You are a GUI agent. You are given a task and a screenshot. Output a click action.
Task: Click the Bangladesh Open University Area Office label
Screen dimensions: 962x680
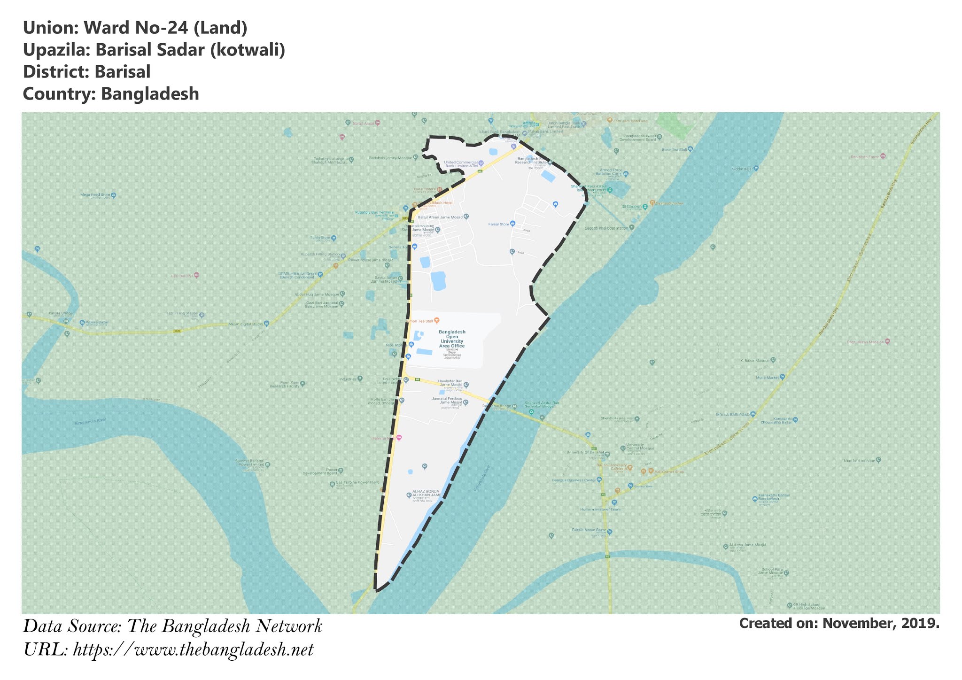point(452,339)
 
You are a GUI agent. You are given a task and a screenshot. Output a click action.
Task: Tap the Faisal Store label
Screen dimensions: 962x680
point(498,224)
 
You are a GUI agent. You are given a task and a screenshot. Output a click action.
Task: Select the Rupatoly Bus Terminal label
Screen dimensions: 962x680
point(374,212)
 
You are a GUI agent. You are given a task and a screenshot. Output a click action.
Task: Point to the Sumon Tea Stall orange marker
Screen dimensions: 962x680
point(437,321)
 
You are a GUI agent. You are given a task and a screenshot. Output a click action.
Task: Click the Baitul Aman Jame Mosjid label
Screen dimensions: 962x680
point(440,217)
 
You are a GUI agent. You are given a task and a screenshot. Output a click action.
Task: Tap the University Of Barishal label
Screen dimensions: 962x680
point(585,453)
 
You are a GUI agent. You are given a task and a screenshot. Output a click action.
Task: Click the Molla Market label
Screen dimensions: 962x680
point(767,378)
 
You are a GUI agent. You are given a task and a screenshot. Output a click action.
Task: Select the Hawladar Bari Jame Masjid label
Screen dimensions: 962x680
point(450,383)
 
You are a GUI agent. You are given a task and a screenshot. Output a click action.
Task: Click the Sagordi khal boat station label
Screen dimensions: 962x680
point(605,228)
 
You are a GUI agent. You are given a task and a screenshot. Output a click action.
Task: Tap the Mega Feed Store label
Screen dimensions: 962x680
point(95,194)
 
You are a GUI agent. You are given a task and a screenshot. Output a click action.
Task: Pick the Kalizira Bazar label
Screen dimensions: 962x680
point(97,323)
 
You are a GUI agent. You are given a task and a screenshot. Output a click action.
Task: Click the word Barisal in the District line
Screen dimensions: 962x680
point(122,72)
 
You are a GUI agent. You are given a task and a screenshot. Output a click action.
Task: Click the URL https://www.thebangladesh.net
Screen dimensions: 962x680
point(193,650)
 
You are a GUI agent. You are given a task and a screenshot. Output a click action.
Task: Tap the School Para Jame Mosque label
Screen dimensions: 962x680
point(770,572)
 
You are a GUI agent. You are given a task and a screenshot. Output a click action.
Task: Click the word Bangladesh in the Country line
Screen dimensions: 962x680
point(150,94)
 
